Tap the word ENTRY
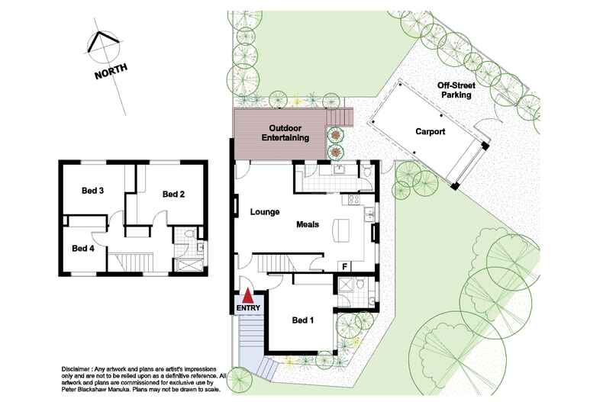[x=249, y=307]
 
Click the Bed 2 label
[x=173, y=195]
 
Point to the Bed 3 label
[x=92, y=191]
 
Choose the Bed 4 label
[x=82, y=248]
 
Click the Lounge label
[x=264, y=212]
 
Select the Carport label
[x=430, y=131]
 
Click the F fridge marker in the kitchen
[x=345, y=265]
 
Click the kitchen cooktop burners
[x=354, y=201]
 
